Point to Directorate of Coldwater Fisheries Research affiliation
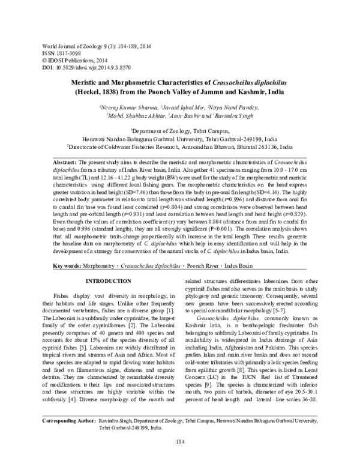coord(180,145)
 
